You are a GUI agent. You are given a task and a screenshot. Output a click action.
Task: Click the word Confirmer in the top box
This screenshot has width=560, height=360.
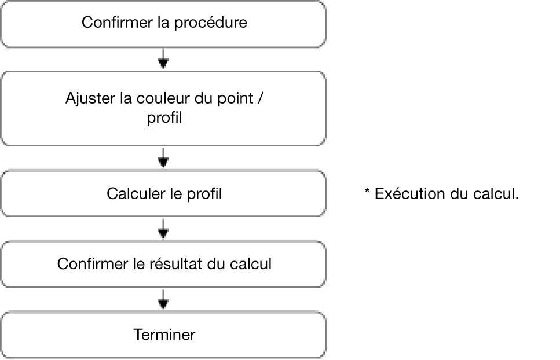click(117, 23)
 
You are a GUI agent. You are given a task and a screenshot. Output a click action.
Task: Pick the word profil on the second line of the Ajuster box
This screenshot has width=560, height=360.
click(164, 117)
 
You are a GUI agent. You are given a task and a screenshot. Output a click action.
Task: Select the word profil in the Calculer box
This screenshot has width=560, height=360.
click(204, 194)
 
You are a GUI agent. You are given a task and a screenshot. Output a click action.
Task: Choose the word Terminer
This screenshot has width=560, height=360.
click(164, 335)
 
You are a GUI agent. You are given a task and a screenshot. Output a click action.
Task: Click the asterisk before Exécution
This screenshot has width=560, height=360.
click(367, 191)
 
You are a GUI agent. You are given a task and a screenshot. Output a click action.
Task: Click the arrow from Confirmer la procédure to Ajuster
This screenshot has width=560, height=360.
click(163, 58)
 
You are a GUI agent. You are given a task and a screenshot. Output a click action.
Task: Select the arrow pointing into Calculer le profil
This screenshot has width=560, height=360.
click(163, 157)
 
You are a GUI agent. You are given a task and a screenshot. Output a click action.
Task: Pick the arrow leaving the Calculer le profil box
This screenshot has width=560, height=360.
click(163, 229)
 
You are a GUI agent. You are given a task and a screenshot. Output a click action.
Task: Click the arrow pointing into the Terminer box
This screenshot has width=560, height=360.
click(163, 299)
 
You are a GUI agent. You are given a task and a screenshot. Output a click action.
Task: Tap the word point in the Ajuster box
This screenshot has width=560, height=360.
click(236, 99)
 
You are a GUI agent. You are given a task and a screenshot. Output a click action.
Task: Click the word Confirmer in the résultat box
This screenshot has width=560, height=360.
click(93, 264)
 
